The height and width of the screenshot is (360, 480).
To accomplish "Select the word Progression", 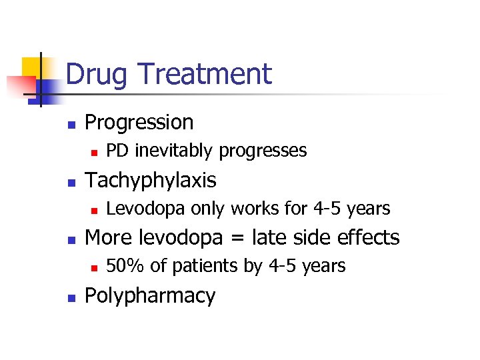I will [x=139, y=123].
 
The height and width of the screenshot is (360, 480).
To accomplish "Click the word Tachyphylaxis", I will [x=151, y=181].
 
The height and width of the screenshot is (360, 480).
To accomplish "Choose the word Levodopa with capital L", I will [x=146, y=209].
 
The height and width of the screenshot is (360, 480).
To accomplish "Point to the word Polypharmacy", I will [x=151, y=296].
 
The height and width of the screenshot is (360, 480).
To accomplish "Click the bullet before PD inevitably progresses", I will [x=95, y=152].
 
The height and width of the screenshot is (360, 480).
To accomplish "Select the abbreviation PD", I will [x=118, y=151].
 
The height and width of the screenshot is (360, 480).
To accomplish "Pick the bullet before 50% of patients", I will [x=95, y=267].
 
